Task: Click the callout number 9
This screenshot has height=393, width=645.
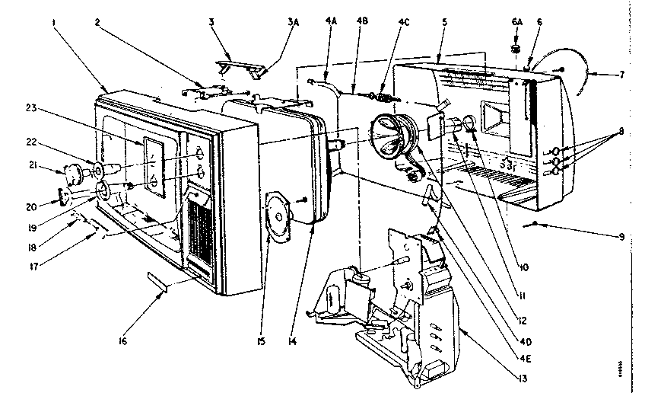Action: [623, 237]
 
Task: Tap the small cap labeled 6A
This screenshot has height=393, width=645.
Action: [515, 48]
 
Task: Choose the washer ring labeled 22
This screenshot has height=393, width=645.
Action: [99, 166]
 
